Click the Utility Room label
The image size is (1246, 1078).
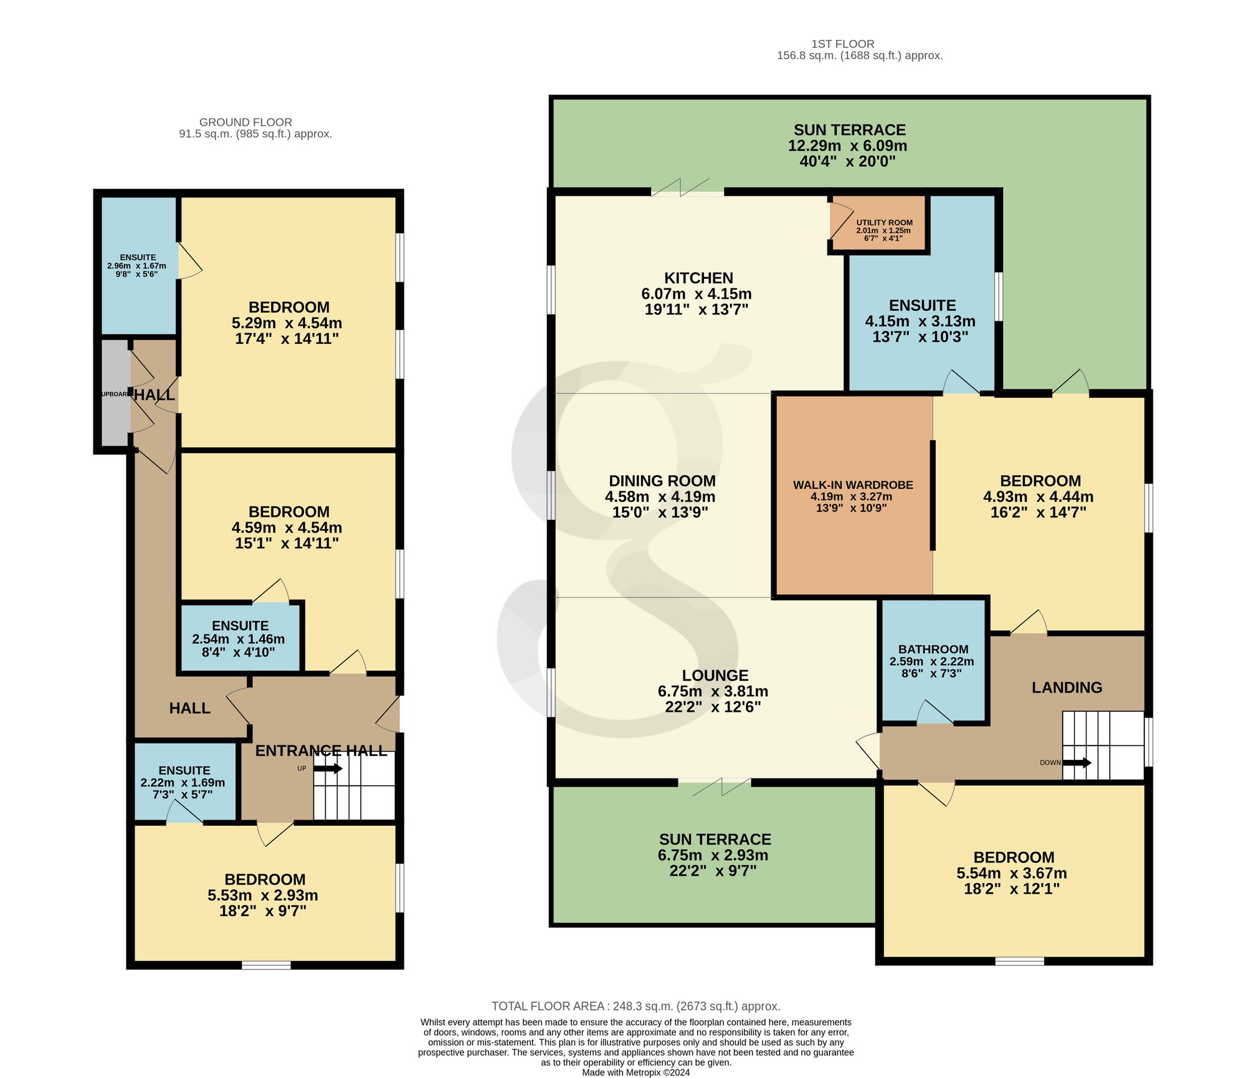[884, 223]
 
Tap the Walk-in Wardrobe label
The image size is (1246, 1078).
[853, 485]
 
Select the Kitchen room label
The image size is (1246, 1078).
[698, 278]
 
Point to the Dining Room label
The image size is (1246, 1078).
[662, 481]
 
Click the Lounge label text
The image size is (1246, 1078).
[715, 675]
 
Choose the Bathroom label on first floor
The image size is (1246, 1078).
[933, 649]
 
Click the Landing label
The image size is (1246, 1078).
[1067, 688]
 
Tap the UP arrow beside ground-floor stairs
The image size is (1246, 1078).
[328, 768]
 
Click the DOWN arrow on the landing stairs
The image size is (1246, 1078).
[1077, 762]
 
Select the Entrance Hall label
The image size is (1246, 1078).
[321, 750]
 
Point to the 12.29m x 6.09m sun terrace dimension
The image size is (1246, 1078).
[848, 146]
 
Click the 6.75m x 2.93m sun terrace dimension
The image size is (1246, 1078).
[713, 855]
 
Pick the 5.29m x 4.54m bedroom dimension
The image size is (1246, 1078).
[287, 323]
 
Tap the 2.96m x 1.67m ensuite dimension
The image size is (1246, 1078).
[137, 266]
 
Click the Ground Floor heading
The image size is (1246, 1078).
[245, 122]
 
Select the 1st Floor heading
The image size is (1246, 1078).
[843, 44]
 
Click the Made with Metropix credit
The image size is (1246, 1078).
[636, 1072]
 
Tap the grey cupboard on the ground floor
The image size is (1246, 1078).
[115, 392]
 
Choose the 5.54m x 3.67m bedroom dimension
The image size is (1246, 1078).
[1012, 873]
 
